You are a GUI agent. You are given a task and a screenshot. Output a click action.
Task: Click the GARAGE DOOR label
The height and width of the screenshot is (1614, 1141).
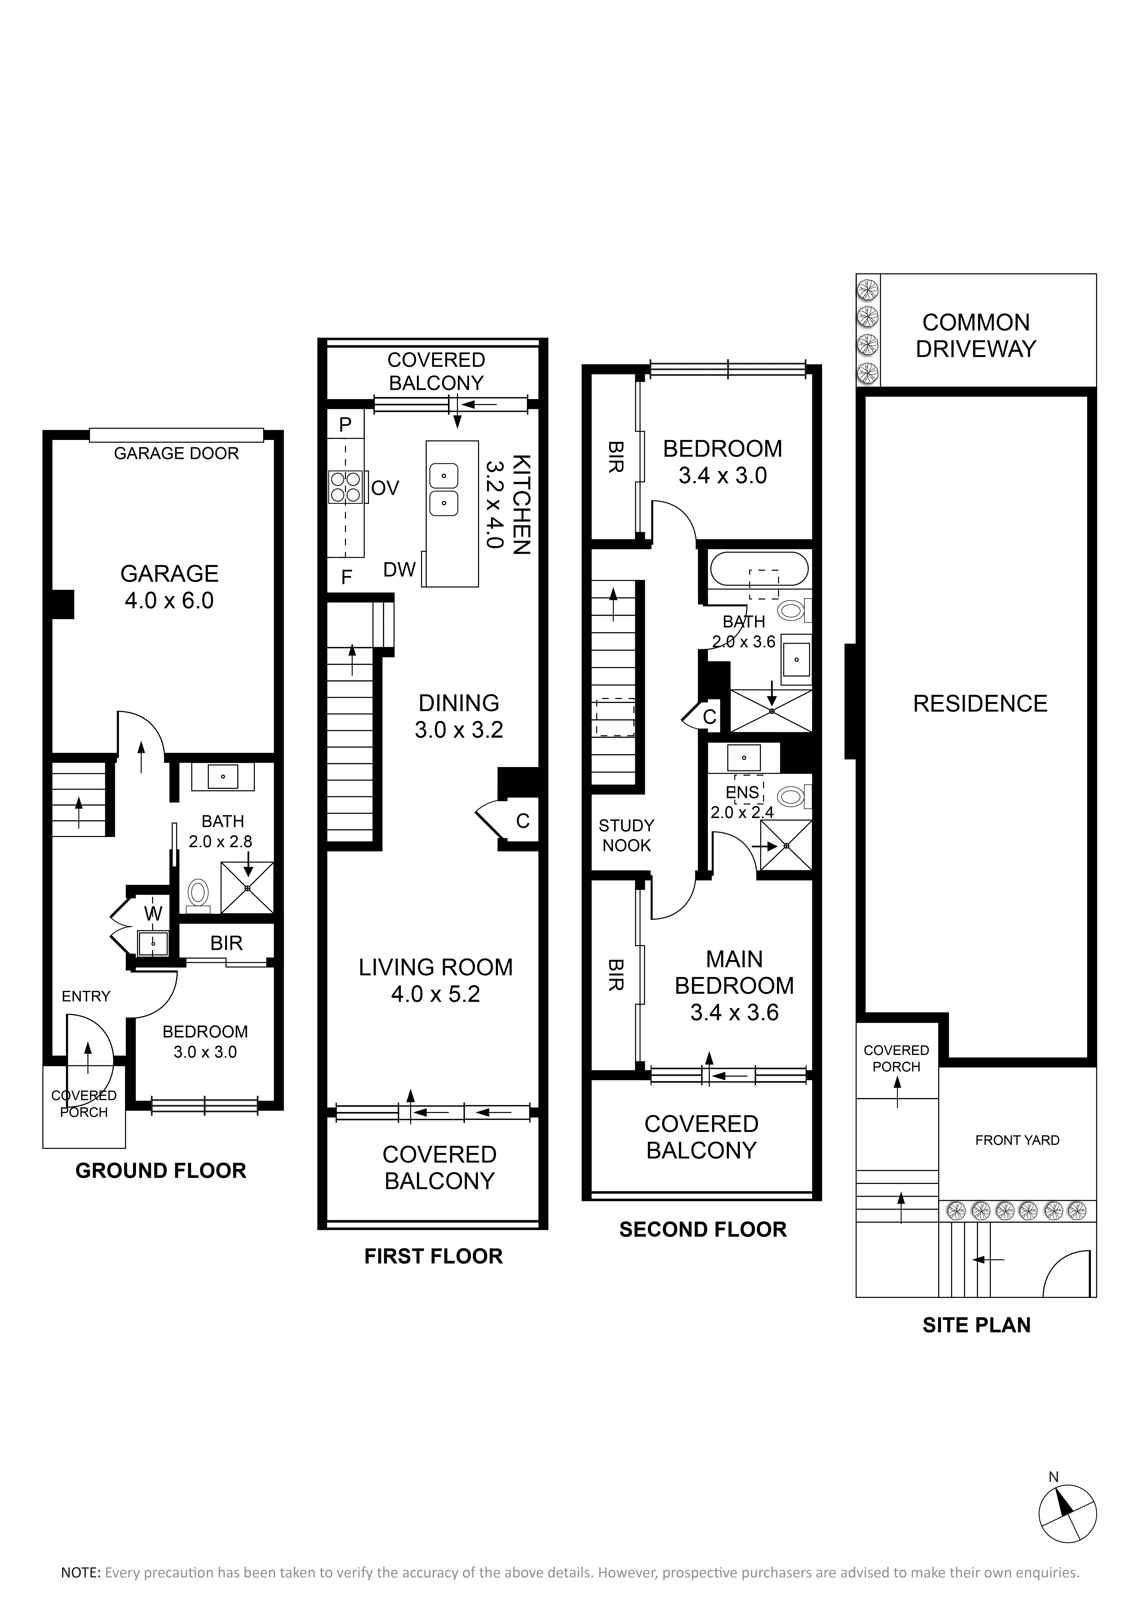pyautogui.click(x=176, y=453)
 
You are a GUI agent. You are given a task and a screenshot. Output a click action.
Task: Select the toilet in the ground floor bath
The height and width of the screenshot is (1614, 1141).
pyautogui.click(x=199, y=895)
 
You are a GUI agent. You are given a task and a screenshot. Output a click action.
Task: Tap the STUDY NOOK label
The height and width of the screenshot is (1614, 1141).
pyautogui.click(x=627, y=835)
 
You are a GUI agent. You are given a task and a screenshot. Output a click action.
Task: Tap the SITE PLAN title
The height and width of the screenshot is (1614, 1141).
pyautogui.click(x=977, y=1325)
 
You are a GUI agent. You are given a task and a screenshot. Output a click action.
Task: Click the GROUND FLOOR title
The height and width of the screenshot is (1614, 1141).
pyautogui.click(x=161, y=1170)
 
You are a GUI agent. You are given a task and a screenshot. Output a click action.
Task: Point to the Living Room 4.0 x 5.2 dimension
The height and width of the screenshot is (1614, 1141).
pyautogui.click(x=436, y=994)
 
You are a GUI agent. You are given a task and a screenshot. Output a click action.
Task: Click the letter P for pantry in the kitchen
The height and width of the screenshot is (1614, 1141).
pyautogui.click(x=345, y=425)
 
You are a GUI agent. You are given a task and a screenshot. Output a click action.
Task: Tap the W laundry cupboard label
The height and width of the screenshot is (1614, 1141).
pyautogui.click(x=153, y=914)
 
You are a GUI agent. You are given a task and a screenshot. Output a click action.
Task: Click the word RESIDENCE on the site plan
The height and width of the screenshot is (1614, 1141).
pyautogui.click(x=980, y=704)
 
